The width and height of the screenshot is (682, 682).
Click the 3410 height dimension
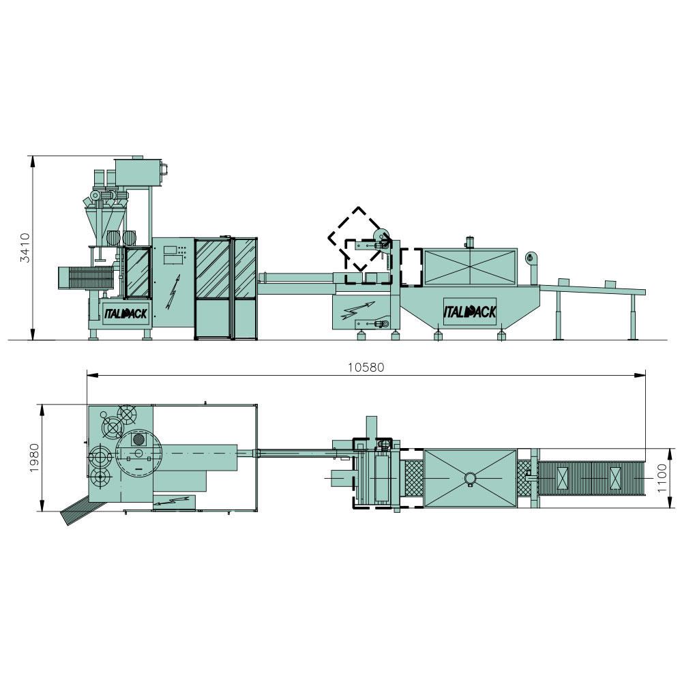25,248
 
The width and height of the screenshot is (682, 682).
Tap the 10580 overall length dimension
366,368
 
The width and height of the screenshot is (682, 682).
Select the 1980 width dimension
34,458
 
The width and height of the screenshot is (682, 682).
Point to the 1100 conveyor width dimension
662,478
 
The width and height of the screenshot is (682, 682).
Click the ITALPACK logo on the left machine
125,313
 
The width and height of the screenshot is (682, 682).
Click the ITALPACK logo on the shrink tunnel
470,312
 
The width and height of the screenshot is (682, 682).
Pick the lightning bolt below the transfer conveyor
358,310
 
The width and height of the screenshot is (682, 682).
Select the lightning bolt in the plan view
172,501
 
